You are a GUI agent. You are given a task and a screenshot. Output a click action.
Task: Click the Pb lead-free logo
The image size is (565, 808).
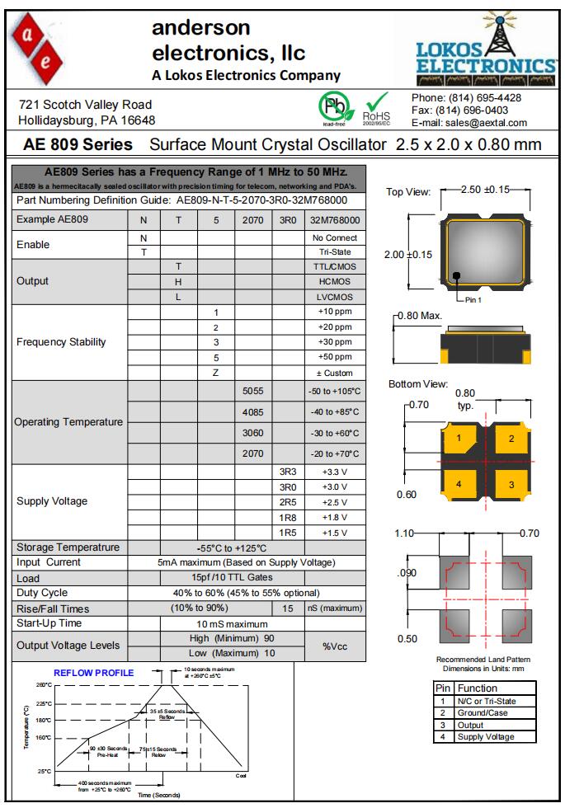[333, 108]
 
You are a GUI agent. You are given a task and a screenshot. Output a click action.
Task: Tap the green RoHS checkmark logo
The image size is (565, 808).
[376, 108]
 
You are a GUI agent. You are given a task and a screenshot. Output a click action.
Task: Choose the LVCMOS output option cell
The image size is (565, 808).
[335, 296]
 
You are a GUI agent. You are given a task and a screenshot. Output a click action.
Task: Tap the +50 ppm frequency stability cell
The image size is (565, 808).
[335, 358]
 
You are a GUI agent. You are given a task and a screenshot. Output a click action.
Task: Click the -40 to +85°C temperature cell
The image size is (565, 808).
[335, 411]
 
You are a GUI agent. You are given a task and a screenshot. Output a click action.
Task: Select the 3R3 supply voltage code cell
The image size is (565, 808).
[288, 472]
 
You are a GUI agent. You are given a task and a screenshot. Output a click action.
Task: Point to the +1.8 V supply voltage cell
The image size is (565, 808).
[335, 517]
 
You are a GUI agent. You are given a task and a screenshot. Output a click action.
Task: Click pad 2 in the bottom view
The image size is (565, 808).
[511, 439]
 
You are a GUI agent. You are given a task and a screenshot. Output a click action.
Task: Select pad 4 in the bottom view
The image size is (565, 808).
[459, 484]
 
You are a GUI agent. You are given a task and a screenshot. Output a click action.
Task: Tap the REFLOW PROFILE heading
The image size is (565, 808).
[93, 673]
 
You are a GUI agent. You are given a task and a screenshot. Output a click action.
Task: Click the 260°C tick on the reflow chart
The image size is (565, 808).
[44, 685]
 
